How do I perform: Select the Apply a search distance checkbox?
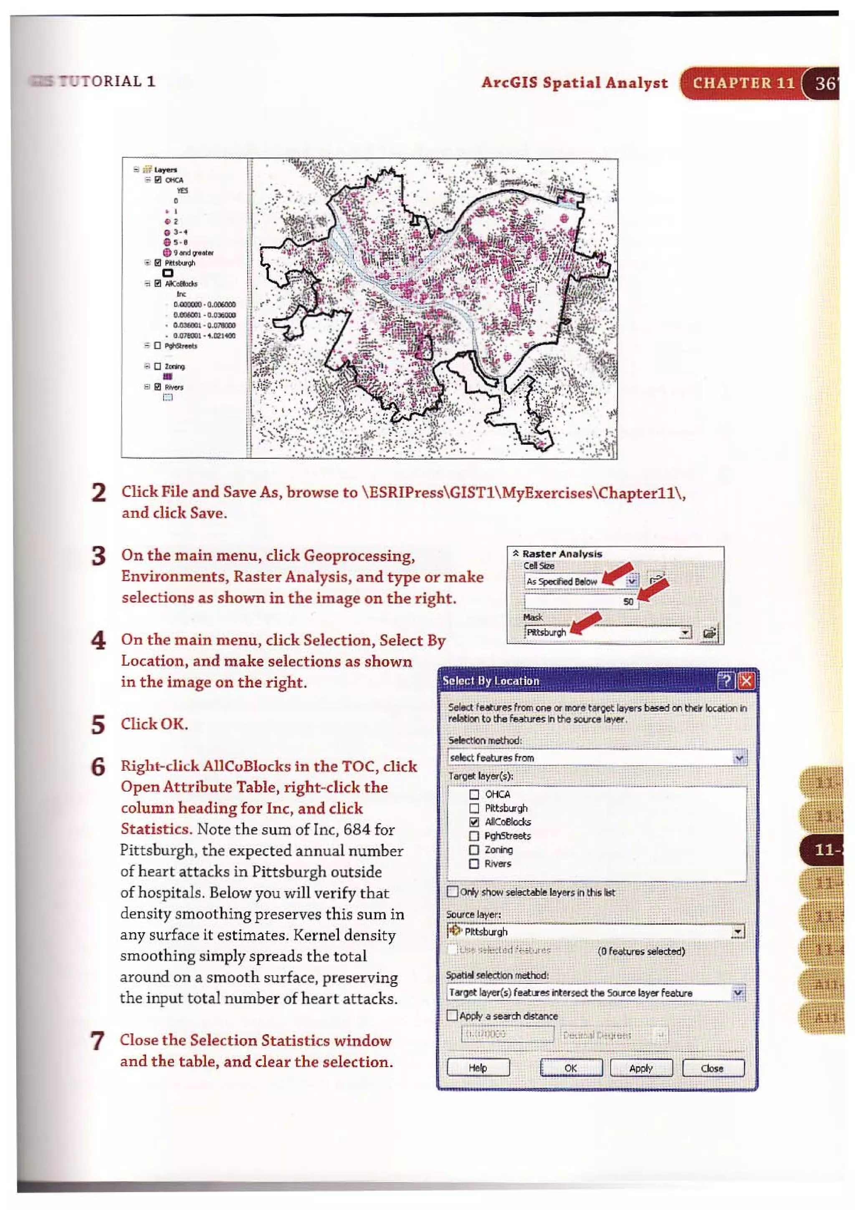[x=452, y=1015]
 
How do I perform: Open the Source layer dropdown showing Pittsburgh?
[x=738, y=932]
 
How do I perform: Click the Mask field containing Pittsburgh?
[x=606, y=632]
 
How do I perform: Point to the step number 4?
[x=99, y=641]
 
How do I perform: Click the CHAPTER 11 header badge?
[x=743, y=83]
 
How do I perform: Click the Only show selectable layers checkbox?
[x=452, y=891]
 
